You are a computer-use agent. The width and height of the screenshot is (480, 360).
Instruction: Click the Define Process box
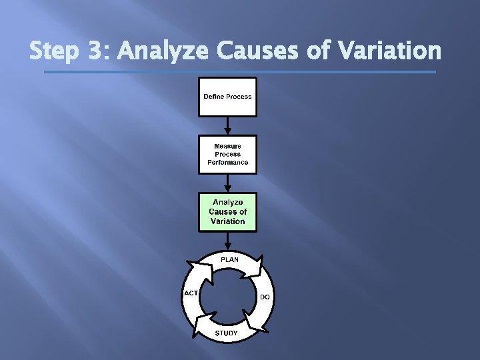tap(227, 97)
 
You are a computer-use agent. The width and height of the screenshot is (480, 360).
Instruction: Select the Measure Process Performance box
tap(227, 154)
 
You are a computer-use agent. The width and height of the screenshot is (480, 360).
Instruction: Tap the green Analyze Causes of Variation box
tap(227, 212)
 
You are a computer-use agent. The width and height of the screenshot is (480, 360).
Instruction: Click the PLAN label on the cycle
tap(229, 259)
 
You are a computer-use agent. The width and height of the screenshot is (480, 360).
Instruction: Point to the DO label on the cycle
tap(265, 297)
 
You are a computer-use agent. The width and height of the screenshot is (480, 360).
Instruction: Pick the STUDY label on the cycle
tap(226, 333)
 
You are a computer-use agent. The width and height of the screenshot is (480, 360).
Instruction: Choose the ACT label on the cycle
tap(191, 293)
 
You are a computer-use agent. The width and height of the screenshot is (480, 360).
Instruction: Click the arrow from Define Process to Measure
tap(227, 125)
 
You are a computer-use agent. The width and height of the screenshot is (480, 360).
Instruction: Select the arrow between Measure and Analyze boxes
tap(227, 183)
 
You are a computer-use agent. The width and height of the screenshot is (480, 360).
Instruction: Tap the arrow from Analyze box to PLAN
tap(227, 241)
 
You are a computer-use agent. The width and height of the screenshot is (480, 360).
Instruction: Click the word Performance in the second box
tap(227, 162)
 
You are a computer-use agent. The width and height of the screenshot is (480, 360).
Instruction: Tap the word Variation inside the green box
tap(227, 221)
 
